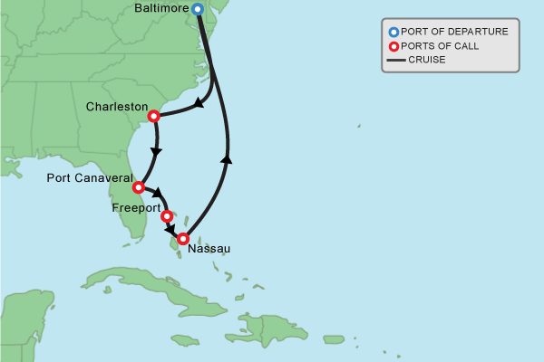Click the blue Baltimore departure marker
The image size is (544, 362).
point(198,9)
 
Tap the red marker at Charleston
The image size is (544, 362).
point(153,116)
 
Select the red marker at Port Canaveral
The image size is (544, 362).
point(138,187)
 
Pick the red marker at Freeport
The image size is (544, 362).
point(166,216)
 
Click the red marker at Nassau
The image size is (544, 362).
point(183,239)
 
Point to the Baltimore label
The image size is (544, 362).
point(160,9)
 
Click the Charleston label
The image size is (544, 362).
point(116,107)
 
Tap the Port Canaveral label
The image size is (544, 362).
point(88,178)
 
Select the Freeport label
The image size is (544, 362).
point(135,208)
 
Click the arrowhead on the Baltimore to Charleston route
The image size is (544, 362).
point(199,106)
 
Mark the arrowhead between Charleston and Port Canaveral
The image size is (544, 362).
point(157,151)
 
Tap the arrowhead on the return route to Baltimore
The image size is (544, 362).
point(226,158)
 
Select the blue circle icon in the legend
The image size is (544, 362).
point(393,32)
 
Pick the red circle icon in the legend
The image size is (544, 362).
point(393,46)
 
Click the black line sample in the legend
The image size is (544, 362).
point(395,61)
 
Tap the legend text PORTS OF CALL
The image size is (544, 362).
point(441,46)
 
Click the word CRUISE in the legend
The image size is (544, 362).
point(427,61)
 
